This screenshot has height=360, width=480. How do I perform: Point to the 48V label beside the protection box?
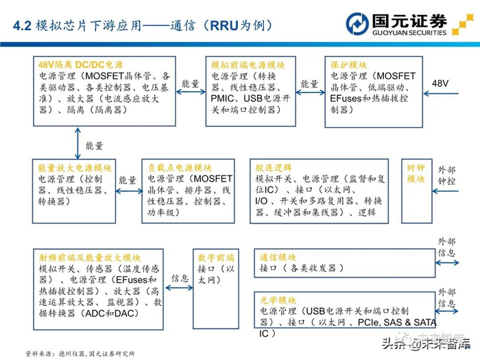tap(440, 83)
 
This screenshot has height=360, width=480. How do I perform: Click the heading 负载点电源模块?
tap(180, 168)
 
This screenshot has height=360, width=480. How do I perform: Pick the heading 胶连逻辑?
tap(274, 168)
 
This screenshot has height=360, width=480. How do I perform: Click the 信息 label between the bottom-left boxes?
tap(180, 279)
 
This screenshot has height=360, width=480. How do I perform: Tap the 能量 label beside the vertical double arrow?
tap(94, 146)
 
